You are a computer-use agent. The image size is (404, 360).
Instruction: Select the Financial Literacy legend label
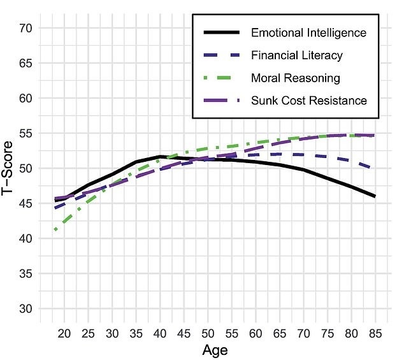(297, 55)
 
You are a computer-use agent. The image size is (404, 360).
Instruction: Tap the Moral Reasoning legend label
(296, 78)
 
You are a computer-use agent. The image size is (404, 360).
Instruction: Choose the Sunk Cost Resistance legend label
(309, 101)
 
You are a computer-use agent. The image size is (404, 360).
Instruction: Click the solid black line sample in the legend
(222, 32)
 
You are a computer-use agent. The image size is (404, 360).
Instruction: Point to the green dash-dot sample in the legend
(222, 78)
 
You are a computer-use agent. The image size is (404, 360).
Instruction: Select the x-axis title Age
(215, 350)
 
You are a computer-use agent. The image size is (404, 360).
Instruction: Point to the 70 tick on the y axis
(26, 29)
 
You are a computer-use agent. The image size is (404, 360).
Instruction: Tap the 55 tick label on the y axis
(26, 134)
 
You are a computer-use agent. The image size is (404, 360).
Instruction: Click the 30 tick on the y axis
(26, 309)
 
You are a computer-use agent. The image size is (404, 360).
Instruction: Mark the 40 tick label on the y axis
(26, 239)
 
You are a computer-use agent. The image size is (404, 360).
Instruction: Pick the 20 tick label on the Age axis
(64, 333)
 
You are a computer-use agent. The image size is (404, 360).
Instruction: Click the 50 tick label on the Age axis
(208, 333)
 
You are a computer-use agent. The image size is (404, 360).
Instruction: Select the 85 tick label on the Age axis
(375, 333)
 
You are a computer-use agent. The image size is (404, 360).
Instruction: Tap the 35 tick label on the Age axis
(136, 333)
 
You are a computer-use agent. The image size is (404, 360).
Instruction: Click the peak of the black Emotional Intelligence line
(159, 156)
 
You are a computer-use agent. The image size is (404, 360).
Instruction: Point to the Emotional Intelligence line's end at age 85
(375, 196)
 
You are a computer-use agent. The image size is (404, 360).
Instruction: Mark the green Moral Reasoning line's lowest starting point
(57, 229)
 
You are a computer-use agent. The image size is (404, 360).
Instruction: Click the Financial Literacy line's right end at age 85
(375, 169)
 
